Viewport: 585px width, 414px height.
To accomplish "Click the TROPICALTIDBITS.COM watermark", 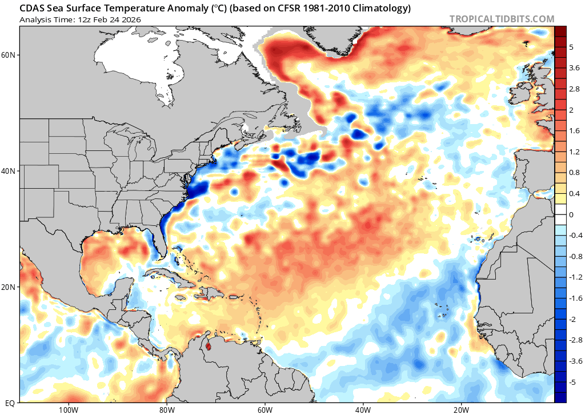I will coord(502,19).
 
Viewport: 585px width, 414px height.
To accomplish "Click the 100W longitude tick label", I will coord(68,409).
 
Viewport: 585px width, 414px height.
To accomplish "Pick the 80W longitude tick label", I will coord(166,409).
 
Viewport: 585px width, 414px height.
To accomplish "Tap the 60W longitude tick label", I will coord(265,409).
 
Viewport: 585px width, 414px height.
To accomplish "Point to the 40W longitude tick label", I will coord(363,409).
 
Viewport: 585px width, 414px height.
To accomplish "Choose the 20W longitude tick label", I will coord(461,409).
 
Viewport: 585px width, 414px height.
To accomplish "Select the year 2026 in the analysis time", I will coord(130,19).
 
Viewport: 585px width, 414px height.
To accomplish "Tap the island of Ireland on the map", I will coord(523,92).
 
